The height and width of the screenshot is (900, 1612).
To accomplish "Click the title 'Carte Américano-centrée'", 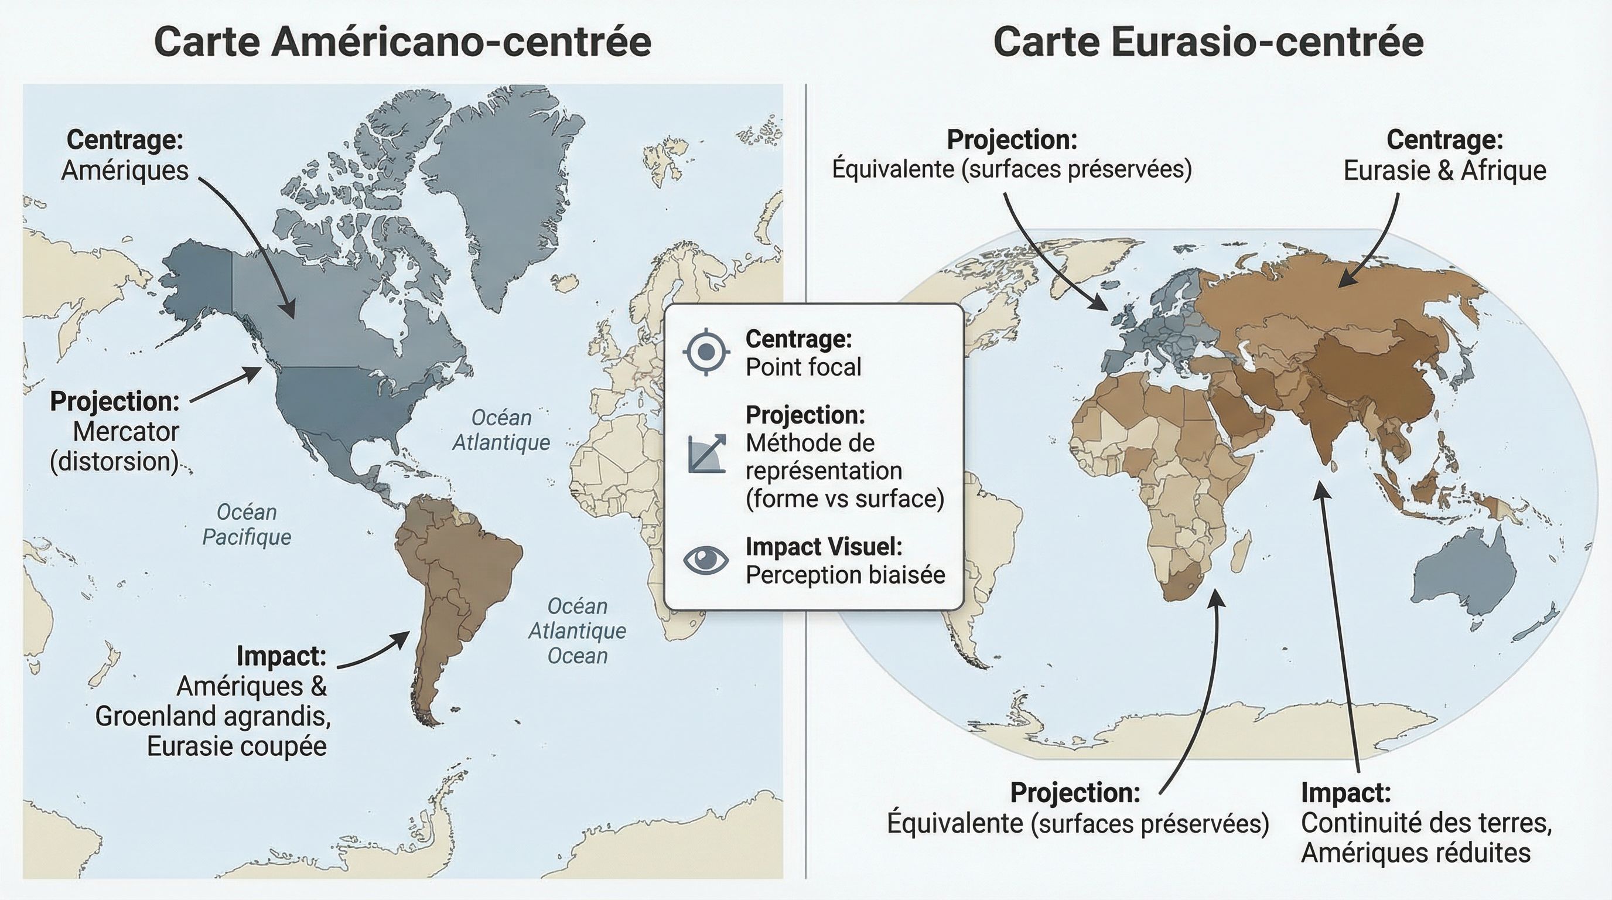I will pyautogui.click(x=402, y=42).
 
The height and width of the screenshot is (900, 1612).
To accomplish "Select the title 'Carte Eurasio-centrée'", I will pyautogui.click(x=1208, y=42).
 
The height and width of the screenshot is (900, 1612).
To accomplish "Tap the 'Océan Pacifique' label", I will pyautogui.click(x=247, y=524).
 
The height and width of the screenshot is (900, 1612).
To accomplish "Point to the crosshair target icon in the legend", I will pyautogui.click(x=706, y=352).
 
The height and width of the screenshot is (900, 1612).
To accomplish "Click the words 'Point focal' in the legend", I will pyautogui.click(x=803, y=367).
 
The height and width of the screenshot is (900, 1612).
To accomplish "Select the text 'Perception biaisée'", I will pyautogui.click(x=845, y=575).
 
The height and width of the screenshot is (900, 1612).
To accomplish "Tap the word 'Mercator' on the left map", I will pyautogui.click(x=125, y=431).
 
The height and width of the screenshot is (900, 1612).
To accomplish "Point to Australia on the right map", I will pyautogui.click(x=1464, y=582).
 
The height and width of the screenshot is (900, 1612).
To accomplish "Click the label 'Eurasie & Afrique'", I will pyautogui.click(x=1444, y=171).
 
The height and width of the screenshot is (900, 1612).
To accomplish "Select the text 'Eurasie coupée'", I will pyautogui.click(x=237, y=746).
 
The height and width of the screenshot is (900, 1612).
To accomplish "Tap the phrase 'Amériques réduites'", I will pyautogui.click(x=1416, y=853).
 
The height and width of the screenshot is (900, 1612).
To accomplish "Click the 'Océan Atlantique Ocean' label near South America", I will pyautogui.click(x=577, y=631).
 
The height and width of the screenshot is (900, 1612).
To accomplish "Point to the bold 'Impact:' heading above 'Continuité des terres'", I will pyautogui.click(x=1345, y=792).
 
